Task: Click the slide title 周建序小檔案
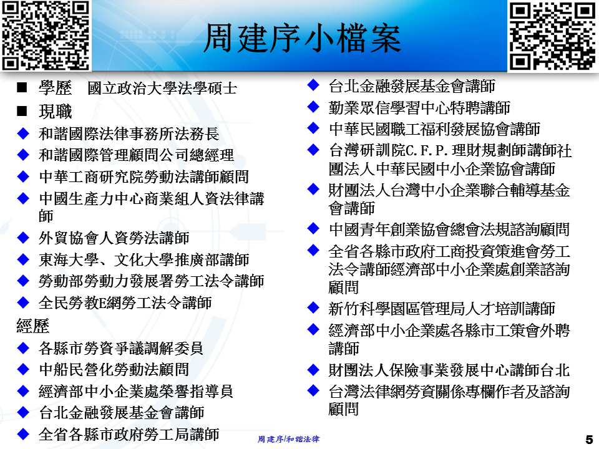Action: [302, 38]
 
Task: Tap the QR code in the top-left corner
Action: [46, 36]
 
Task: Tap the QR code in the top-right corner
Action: [552, 36]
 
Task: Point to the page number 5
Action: [589, 439]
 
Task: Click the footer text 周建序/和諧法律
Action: [288, 439]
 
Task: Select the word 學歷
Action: [55, 88]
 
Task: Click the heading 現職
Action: [55, 112]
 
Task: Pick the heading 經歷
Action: [33, 326]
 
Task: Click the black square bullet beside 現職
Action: [22, 111]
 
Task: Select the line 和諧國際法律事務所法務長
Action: [129, 133]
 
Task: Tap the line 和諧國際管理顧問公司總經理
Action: [136, 155]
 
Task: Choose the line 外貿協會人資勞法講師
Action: [114, 238]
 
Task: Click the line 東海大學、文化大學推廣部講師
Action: [144, 259]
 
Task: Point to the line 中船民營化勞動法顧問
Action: [114, 369]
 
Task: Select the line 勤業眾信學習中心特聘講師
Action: [419, 108]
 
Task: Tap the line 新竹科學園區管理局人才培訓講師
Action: [442, 309]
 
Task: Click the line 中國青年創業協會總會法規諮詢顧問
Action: [449, 229]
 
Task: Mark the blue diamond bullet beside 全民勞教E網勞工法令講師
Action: [23, 302]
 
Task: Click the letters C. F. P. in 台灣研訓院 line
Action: [427, 150]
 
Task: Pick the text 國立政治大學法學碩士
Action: [162, 88]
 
